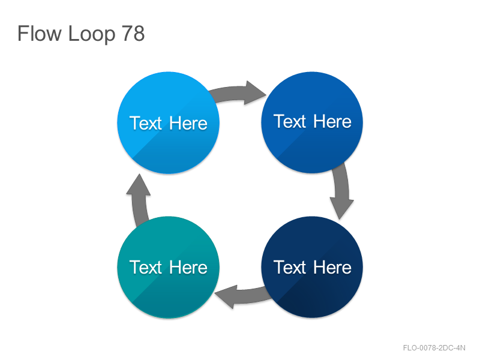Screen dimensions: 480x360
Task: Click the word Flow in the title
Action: [40, 34]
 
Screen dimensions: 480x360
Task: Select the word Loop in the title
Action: [92, 34]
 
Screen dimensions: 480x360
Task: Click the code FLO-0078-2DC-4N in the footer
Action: [434, 348]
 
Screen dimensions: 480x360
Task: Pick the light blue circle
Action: [168, 123]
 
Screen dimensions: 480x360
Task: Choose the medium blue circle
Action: [312, 122]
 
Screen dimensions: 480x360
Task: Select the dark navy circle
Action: [312, 267]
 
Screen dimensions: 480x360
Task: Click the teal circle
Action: [168, 267]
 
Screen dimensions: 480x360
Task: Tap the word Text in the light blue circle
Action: [145, 123]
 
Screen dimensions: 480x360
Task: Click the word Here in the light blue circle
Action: [188, 123]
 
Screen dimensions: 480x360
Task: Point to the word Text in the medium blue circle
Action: [290, 121]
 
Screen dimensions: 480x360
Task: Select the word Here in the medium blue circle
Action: [332, 121]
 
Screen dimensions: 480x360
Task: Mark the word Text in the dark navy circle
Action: [290, 267]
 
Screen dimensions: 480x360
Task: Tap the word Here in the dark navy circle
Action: [332, 267]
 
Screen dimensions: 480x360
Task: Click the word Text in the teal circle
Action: [145, 267]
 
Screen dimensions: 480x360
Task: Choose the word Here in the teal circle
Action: [188, 267]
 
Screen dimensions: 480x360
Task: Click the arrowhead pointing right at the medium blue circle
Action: [254, 93]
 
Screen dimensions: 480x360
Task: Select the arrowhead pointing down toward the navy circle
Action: [341, 208]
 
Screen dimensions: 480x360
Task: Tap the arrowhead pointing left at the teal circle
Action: [226, 296]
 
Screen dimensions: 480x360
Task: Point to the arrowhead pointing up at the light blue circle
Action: [139, 185]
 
